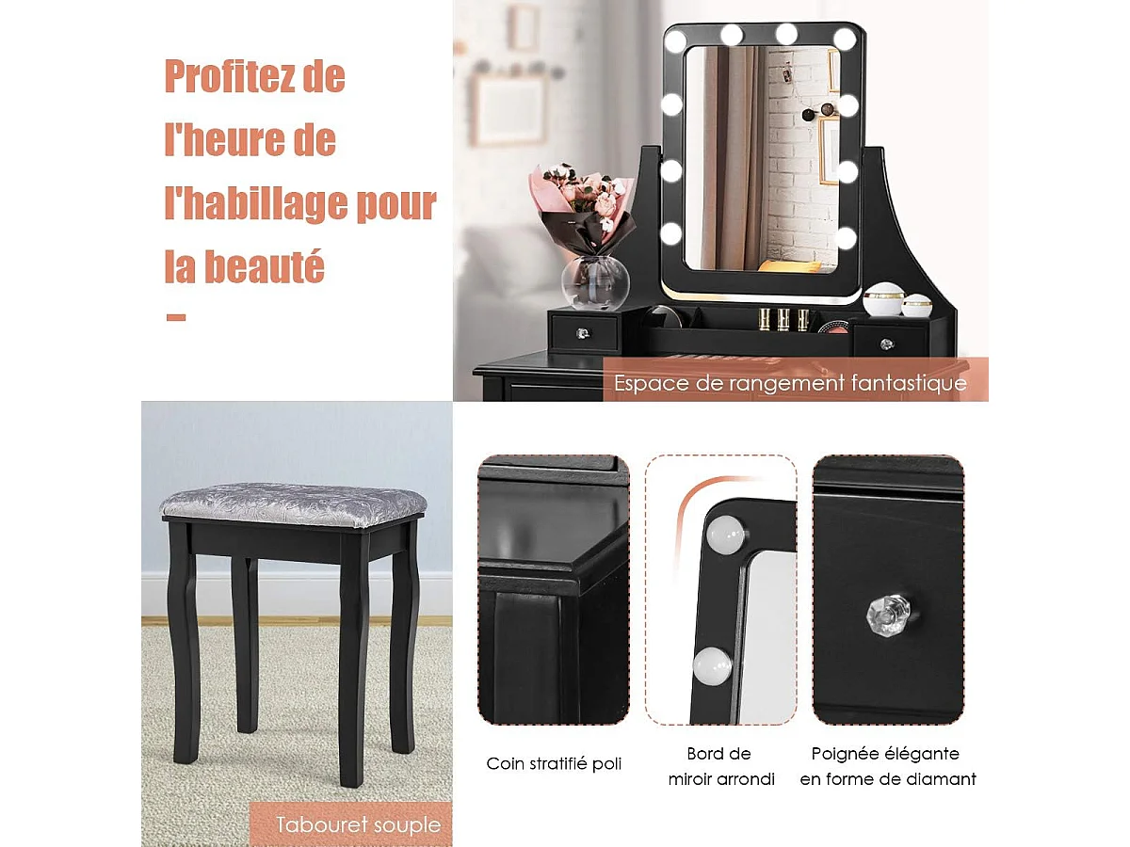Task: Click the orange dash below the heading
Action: [x=175, y=317]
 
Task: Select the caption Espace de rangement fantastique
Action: [x=790, y=383]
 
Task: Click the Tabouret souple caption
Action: [x=358, y=825]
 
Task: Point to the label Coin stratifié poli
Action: [x=554, y=764]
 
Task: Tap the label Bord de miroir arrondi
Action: [x=721, y=766]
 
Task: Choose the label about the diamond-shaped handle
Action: [x=887, y=766]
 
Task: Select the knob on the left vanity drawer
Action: [x=582, y=332]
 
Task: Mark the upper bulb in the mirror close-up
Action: [x=726, y=536]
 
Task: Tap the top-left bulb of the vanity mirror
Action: [x=675, y=40]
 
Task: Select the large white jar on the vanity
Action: [x=883, y=299]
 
